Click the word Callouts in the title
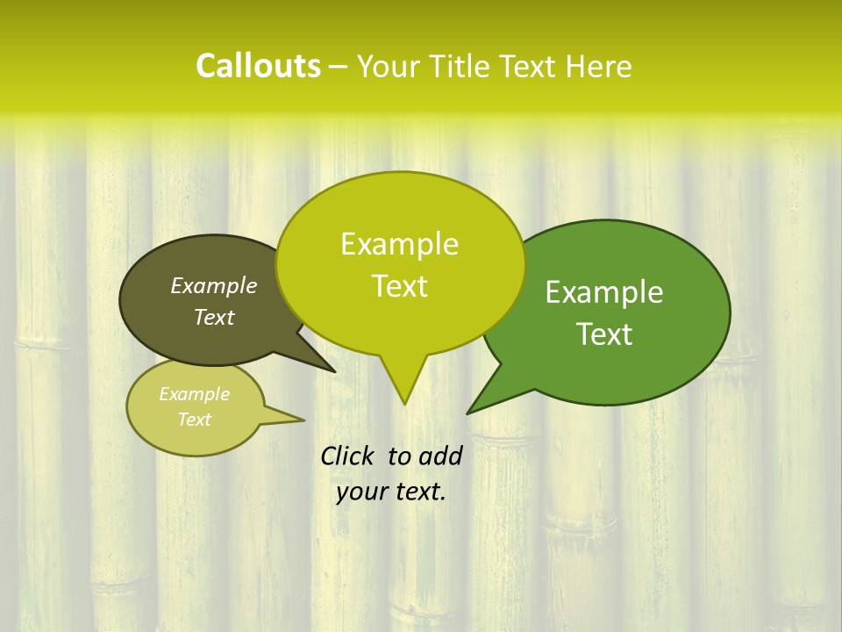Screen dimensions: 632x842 pyautogui.click(x=258, y=66)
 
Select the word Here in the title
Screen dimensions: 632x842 pyautogui.click(x=599, y=67)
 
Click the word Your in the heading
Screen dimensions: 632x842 pyautogui.click(x=391, y=67)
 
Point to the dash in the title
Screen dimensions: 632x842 pyautogui.click(x=339, y=67)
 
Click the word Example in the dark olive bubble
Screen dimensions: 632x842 pyautogui.click(x=214, y=285)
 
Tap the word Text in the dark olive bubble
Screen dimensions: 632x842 pyautogui.click(x=214, y=317)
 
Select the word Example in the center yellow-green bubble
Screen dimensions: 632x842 pyautogui.click(x=399, y=244)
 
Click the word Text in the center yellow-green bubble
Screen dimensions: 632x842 pyautogui.click(x=399, y=286)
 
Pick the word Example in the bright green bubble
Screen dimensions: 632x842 pyautogui.click(x=604, y=292)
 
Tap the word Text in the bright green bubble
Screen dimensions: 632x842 pyautogui.click(x=604, y=334)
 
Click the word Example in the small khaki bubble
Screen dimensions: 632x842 pyautogui.click(x=195, y=394)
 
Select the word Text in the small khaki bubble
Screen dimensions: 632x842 pyautogui.click(x=195, y=420)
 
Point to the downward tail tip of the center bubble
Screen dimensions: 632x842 pyautogui.click(x=404, y=403)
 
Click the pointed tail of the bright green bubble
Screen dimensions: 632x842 pyautogui.click(x=469, y=412)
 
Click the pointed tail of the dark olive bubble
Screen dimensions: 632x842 pyautogui.click(x=333, y=370)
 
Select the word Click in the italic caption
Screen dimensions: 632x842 pyautogui.click(x=348, y=456)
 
